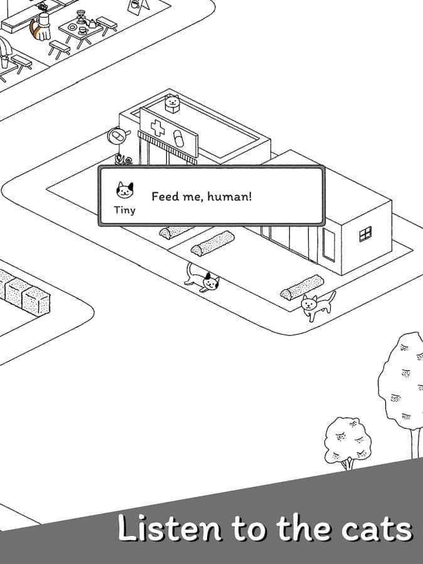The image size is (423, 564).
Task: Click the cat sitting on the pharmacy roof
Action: coord(172,103)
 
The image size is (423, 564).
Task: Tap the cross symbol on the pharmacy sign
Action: coord(157,128)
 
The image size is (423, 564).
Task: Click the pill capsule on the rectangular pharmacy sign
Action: coord(178,138)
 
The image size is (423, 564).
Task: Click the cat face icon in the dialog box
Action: coord(125,189)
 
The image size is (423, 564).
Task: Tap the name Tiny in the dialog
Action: coord(125,210)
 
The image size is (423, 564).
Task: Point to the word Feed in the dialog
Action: coord(164,196)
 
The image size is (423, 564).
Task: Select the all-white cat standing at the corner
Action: coord(318,305)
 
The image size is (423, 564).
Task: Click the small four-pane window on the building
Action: coord(365,234)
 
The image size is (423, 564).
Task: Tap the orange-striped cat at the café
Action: coord(40,28)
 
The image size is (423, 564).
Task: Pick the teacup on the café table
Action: coord(83,31)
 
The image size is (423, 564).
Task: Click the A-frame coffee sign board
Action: coord(139,6)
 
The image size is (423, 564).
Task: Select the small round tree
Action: coord(347,442)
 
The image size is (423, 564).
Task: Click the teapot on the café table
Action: coord(92,23)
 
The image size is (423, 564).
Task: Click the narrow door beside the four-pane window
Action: coord(329,244)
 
